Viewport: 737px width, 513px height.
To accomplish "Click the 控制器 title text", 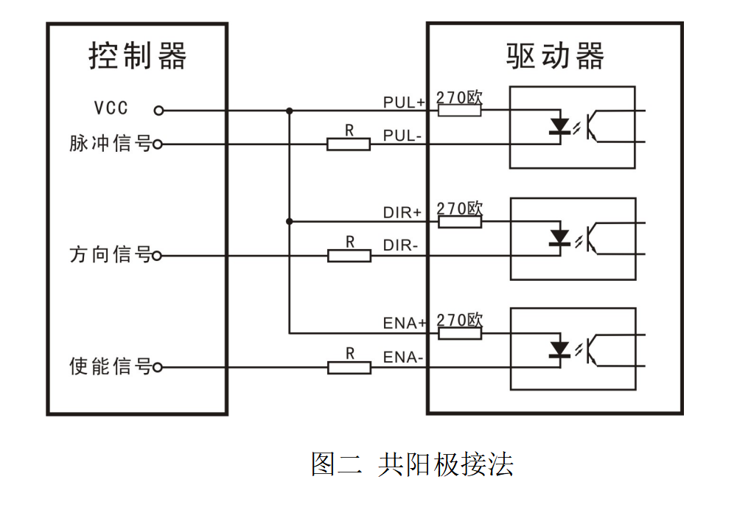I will coord(138,56).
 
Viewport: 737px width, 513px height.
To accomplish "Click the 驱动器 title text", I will coord(555,56).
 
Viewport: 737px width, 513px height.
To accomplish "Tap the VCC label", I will coord(111,108).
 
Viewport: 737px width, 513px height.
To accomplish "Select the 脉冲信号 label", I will coord(110,144).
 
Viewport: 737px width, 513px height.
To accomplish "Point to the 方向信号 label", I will coord(110,255).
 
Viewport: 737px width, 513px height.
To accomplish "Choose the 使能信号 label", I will coord(110,366).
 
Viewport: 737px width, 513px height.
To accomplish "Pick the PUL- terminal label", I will coord(402,136).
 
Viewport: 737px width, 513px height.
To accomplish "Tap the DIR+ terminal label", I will coord(402,212).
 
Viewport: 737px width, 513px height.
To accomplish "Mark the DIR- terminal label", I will coord(401,245).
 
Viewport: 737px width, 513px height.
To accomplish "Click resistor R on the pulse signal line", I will coord(349,144).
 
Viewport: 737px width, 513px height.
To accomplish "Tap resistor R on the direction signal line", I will coord(349,255).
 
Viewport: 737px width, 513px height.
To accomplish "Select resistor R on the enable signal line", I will coord(349,366).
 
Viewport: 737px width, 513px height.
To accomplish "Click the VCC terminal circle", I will coord(158,111).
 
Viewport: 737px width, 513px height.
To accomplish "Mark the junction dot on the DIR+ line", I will coord(290,221).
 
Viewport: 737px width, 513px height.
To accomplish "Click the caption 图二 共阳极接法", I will coord(412,464).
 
